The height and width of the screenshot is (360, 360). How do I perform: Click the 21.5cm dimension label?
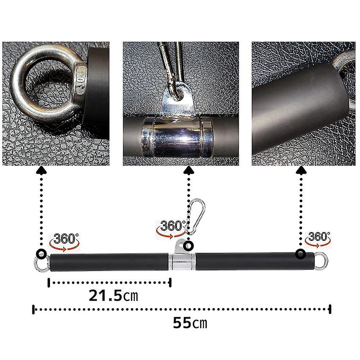pyautogui.click(x=113, y=296)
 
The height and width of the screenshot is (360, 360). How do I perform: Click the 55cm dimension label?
pyautogui.click(x=190, y=323)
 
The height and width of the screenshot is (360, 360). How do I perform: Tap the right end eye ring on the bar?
pyautogui.click(x=321, y=261)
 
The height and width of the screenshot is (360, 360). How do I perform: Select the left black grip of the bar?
pyautogui.click(x=109, y=263)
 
